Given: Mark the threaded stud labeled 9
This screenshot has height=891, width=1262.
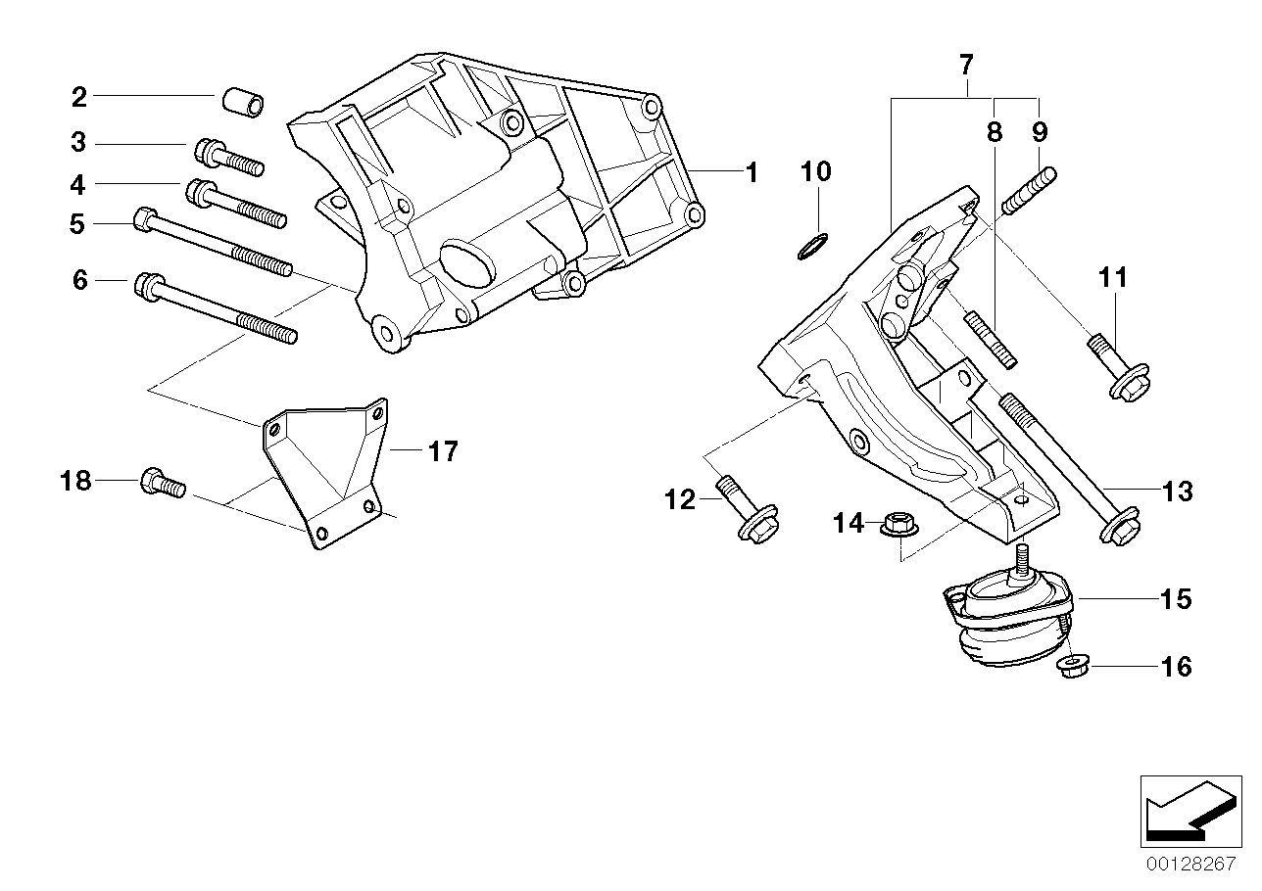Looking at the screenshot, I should coord(1030,194).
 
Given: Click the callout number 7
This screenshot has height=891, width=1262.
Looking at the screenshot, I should coord(965,66).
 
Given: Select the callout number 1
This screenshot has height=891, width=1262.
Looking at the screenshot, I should coord(751,173).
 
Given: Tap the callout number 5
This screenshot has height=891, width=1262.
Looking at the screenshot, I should coord(77,224).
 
